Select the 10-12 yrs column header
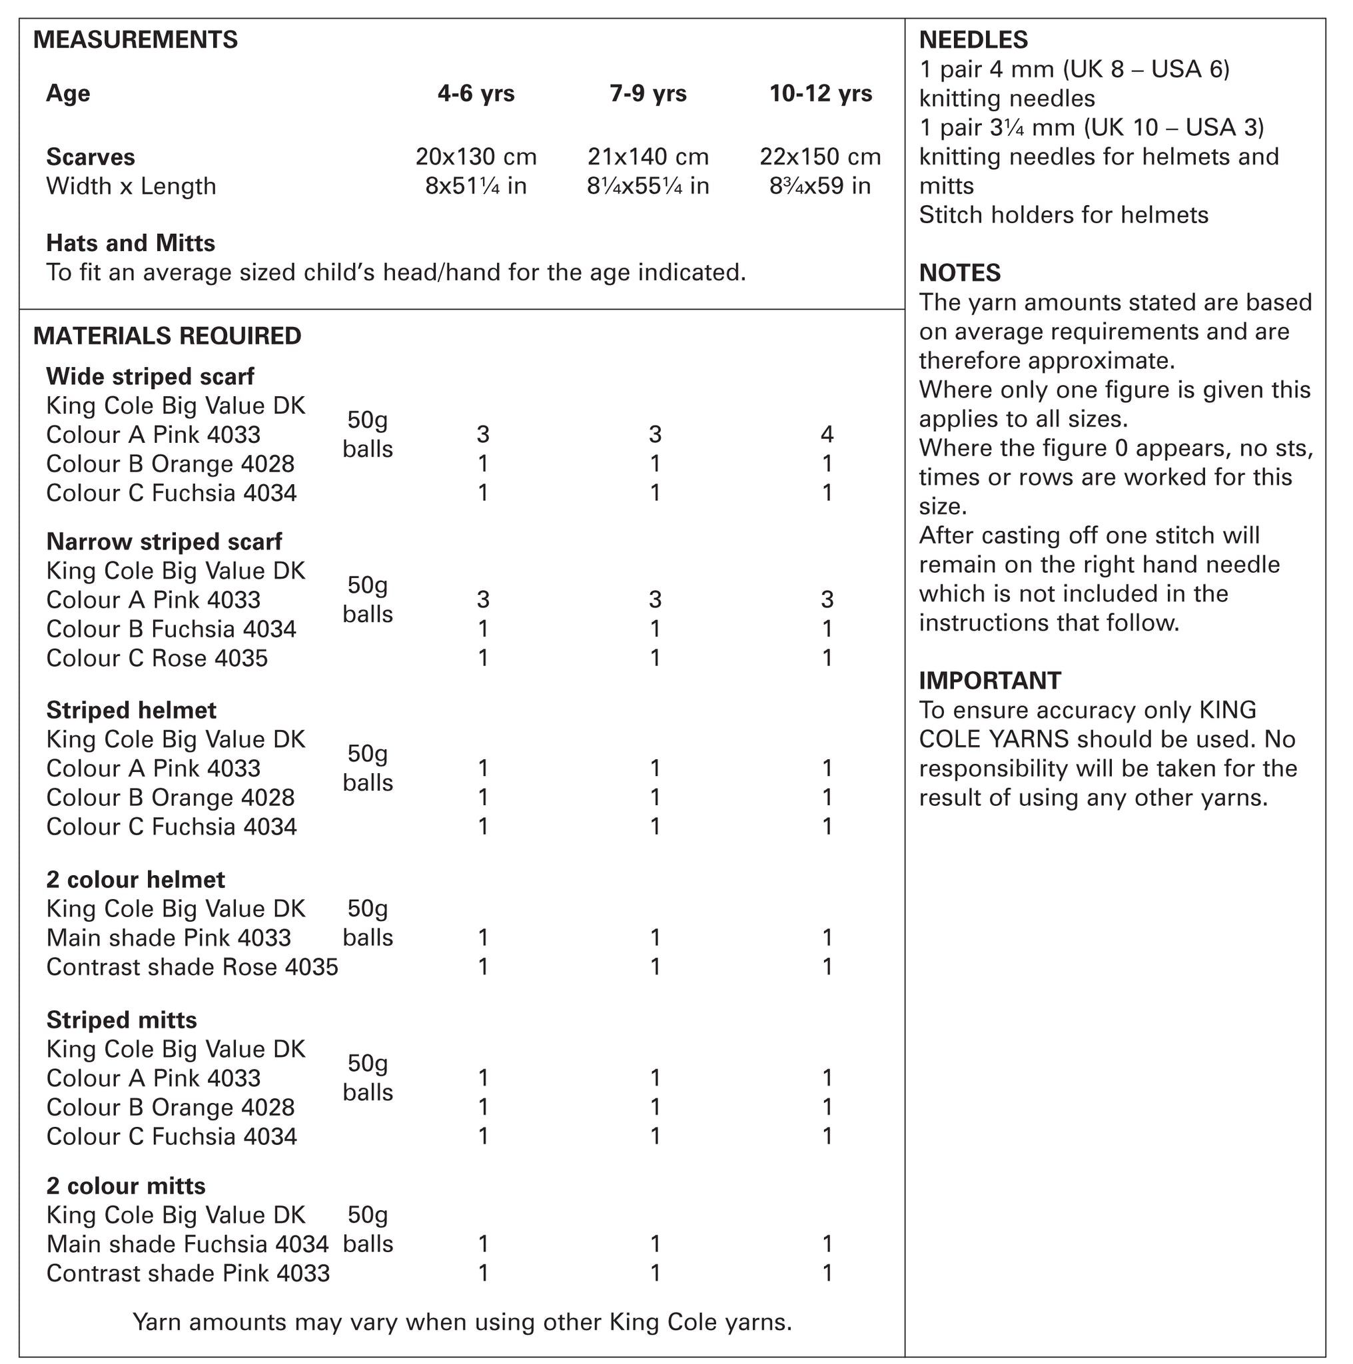point(821,93)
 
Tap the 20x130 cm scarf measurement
point(476,156)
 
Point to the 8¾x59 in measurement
point(820,186)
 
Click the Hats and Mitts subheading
point(131,243)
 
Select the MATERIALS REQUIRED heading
point(167,336)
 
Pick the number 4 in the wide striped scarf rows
point(827,434)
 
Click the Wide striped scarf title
point(150,376)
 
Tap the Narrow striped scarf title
point(164,541)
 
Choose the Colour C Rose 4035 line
point(157,658)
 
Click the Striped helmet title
point(131,710)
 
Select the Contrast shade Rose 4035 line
point(192,966)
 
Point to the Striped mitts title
point(121,1020)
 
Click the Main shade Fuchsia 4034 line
point(187,1244)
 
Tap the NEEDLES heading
point(973,39)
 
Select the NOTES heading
point(960,272)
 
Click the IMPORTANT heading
point(989,681)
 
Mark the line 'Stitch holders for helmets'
point(1063,214)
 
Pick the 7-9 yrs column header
point(648,93)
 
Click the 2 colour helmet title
point(136,880)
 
